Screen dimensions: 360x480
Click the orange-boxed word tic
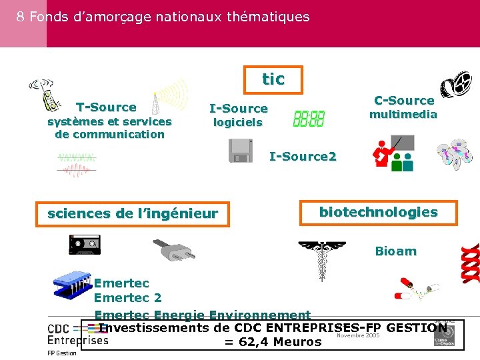click(x=273, y=79)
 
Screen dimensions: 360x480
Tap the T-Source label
click(x=106, y=107)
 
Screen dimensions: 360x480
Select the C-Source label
click(x=404, y=101)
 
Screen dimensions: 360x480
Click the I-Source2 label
click(x=303, y=157)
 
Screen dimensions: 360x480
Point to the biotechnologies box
click(x=378, y=213)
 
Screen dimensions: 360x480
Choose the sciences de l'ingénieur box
click(x=133, y=214)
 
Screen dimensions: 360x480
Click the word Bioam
click(x=395, y=251)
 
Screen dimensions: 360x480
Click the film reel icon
click(x=455, y=83)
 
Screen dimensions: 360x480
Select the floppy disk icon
click(x=240, y=151)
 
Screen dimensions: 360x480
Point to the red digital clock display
click(x=309, y=119)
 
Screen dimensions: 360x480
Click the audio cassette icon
click(x=85, y=245)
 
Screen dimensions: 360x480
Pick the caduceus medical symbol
click(x=323, y=261)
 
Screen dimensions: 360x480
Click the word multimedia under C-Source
click(x=403, y=115)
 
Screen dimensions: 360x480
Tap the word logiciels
click(x=237, y=123)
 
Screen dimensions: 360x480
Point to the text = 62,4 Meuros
click(x=273, y=343)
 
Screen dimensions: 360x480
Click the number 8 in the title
click(x=21, y=17)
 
